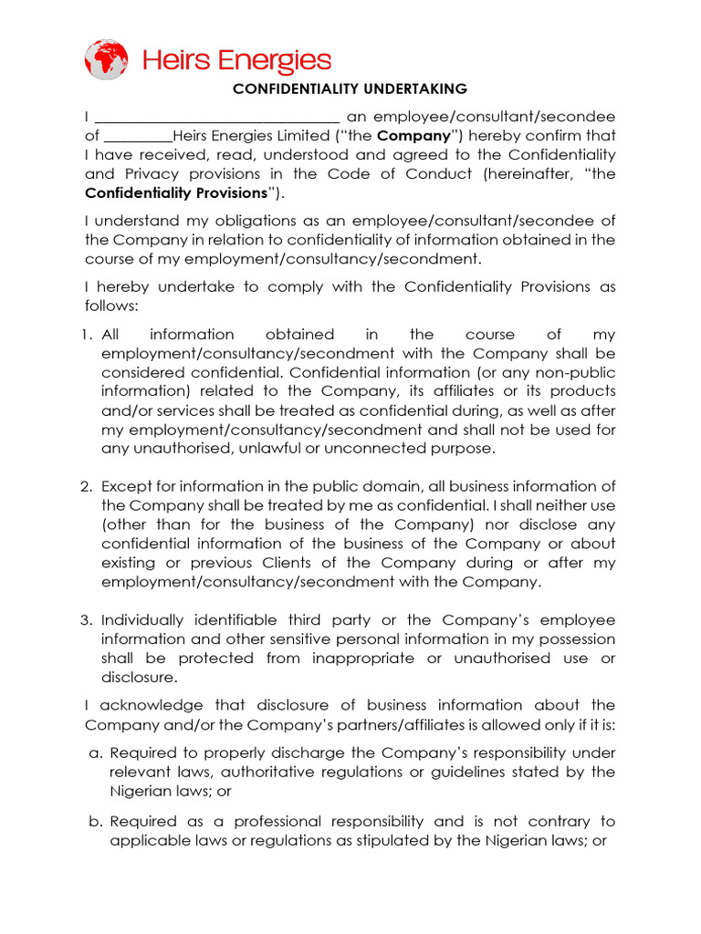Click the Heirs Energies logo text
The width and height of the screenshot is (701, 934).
tap(236, 61)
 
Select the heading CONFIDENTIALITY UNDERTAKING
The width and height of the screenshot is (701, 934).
tap(350, 89)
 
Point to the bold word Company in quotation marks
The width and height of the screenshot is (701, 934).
tap(413, 136)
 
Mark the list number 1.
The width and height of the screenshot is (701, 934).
tap(89, 335)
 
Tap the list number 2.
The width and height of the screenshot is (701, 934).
tap(89, 486)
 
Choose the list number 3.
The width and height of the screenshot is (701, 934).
tap(89, 620)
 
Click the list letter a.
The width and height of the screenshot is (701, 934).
tap(94, 753)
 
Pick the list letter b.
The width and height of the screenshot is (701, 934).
tap(94, 821)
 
